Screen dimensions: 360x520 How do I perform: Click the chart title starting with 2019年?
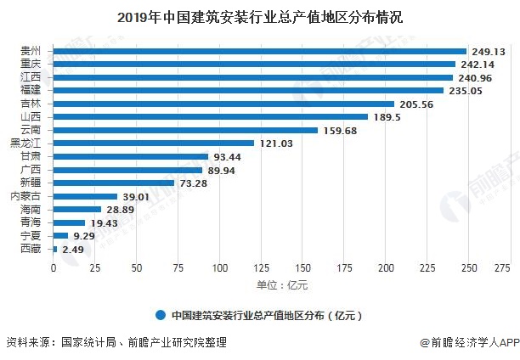tap(260, 16)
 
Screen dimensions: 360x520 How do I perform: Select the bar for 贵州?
tap(259, 51)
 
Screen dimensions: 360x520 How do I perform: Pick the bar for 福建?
tap(248, 90)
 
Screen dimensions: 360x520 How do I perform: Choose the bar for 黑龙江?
tap(153, 143)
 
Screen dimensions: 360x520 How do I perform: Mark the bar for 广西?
tap(127, 169)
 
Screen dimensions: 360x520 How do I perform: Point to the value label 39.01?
tap(138, 196)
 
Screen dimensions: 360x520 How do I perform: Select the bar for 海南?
tap(76, 209)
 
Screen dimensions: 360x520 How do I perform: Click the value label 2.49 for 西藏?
tap(75, 249)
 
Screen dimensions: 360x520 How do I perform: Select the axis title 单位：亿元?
tap(277, 284)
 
